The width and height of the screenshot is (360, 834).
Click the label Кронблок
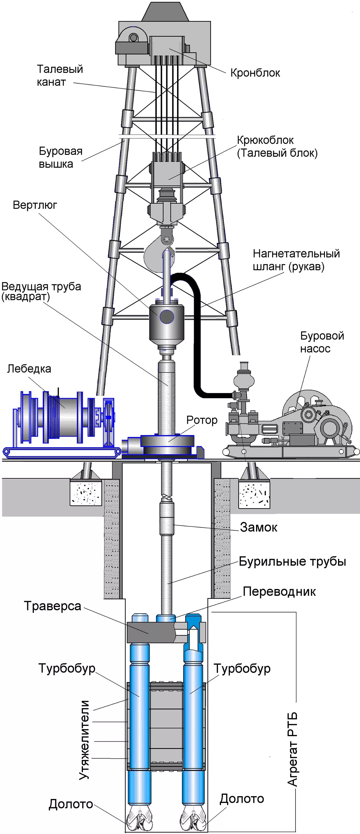255,73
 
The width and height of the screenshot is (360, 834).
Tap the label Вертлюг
35,205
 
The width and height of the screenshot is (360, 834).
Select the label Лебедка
29,368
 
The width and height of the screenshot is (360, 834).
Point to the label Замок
258,527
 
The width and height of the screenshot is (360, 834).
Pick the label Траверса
53,606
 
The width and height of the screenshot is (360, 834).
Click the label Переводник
279,591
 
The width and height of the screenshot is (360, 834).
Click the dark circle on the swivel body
167,317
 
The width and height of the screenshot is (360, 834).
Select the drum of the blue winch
63,418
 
